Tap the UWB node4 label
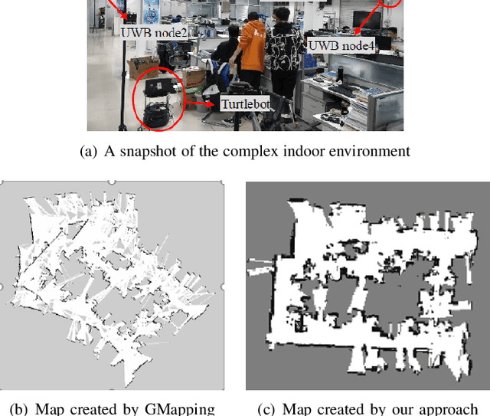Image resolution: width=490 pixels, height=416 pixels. click(x=341, y=45)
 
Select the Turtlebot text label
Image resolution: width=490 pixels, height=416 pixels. click(x=246, y=103)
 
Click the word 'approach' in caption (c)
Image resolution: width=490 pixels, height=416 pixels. click(x=450, y=408)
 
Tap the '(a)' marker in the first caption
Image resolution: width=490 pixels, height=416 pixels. click(x=88, y=151)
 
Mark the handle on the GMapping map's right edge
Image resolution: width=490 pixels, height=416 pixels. click(x=222, y=287)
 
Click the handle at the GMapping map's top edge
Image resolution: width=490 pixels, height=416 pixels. click(x=111, y=182)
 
